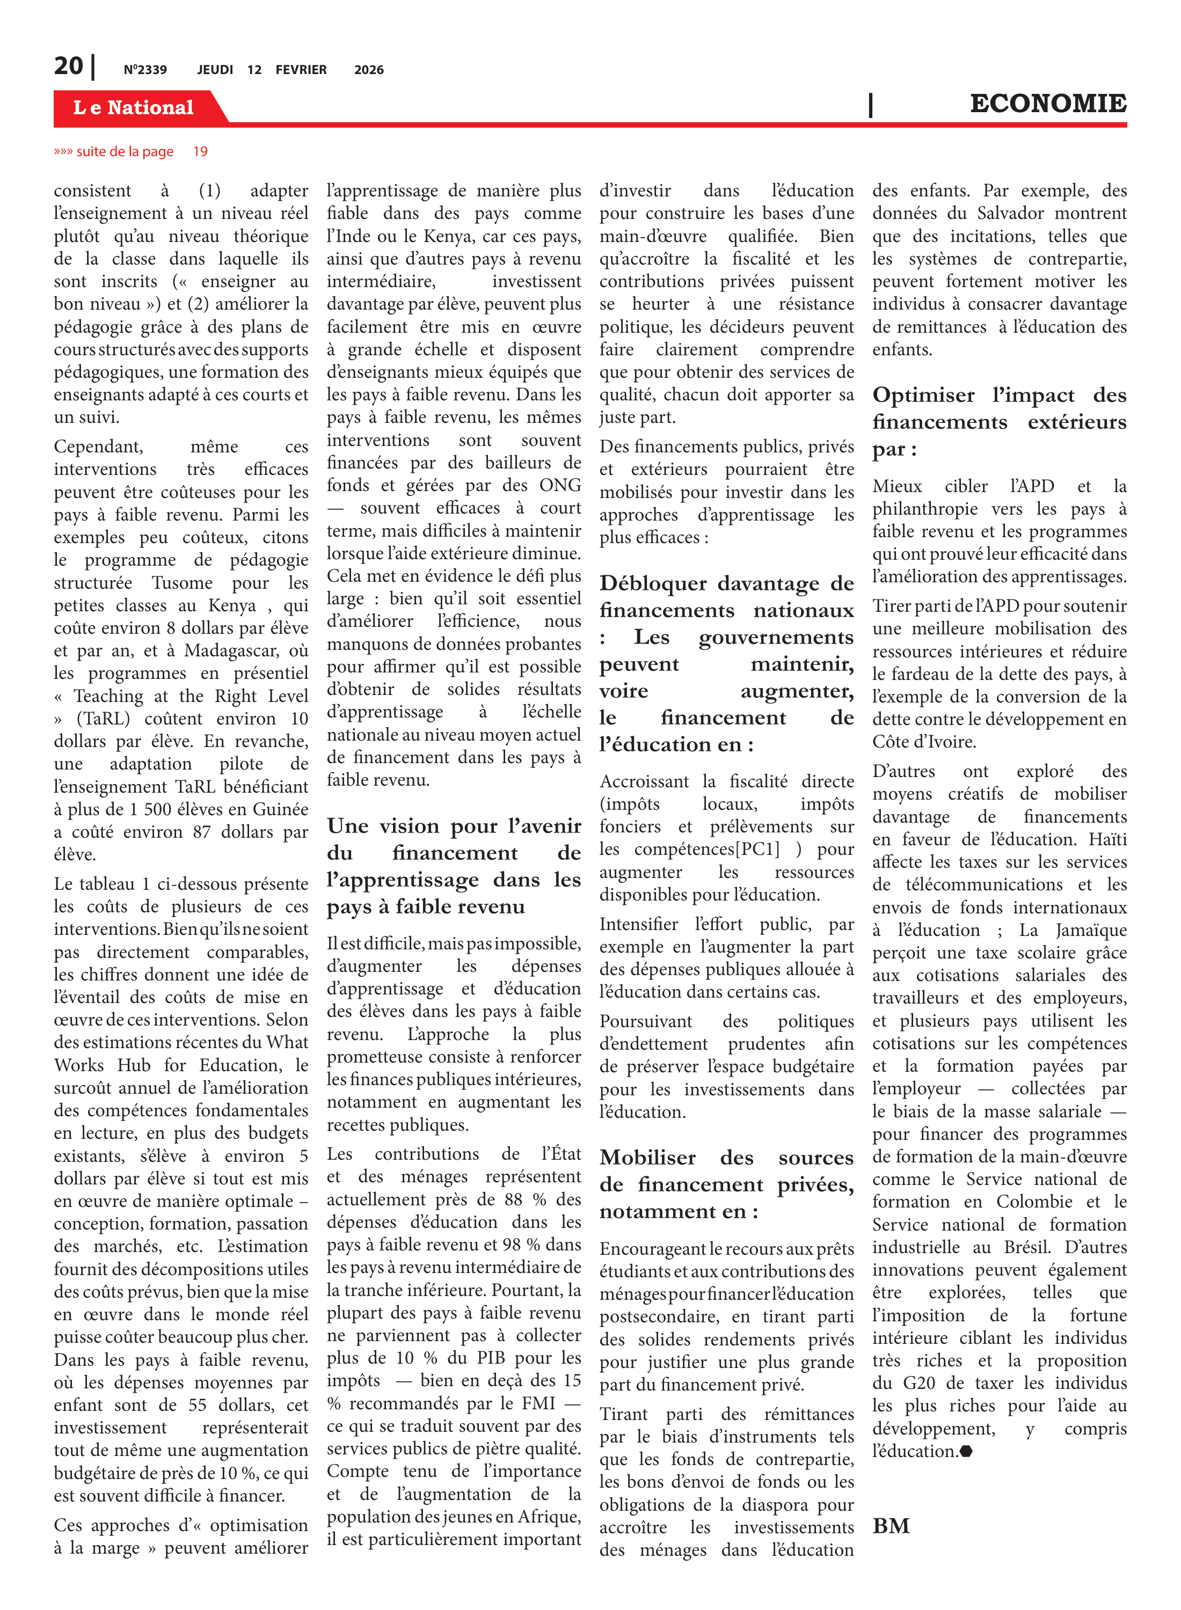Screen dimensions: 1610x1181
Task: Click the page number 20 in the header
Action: (x=69, y=67)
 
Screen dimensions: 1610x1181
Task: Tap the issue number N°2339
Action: (x=145, y=70)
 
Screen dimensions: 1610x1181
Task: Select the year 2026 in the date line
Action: (x=369, y=70)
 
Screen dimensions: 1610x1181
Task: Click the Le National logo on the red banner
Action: (x=134, y=108)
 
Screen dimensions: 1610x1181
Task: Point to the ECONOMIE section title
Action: (x=1048, y=104)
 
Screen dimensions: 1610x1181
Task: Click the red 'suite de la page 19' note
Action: (x=131, y=151)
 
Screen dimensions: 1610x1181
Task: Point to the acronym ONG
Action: (x=560, y=485)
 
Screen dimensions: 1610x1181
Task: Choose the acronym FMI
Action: (x=537, y=1403)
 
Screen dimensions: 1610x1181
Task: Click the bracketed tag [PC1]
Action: (x=747, y=850)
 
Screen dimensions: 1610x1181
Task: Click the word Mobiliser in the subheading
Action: (x=648, y=1158)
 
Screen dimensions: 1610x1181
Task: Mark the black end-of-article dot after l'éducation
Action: (x=966, y=1451)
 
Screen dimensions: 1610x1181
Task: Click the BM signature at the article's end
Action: (x=891, y=1526)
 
